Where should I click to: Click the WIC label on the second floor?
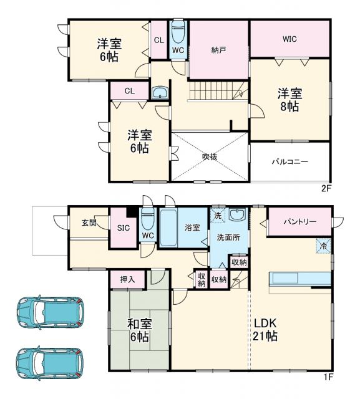pyautogui.click(x=289, y=39)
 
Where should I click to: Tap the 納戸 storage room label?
pyautogui.click(x=218, y=49)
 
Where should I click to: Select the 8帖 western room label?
pyautogui.click(x=289, y=100)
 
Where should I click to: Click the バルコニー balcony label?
pyautogui.click(x=289, y=161)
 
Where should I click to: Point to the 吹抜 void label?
pyautogui.click(x=210, y=156)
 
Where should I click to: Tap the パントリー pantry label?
pyautogui.click(x=299, y=222)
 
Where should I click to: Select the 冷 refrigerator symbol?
pyautogui.click(x=323, y=246)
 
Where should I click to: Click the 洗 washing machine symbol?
pyautogui.click(x=217, y=215)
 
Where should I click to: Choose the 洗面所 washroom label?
pyautogui.click(x=228, y=238)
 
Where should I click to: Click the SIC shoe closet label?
pyautogui.click(x=123, y=228)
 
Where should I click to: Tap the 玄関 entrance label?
pyautogui.click(x=89, y=223)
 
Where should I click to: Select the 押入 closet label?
pyautogui.click(x=128, y=280)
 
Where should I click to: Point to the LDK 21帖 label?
pyautogui.click(x=265, y=330)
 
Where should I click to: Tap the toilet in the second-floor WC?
pyautogui.click(x=178, y=31)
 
